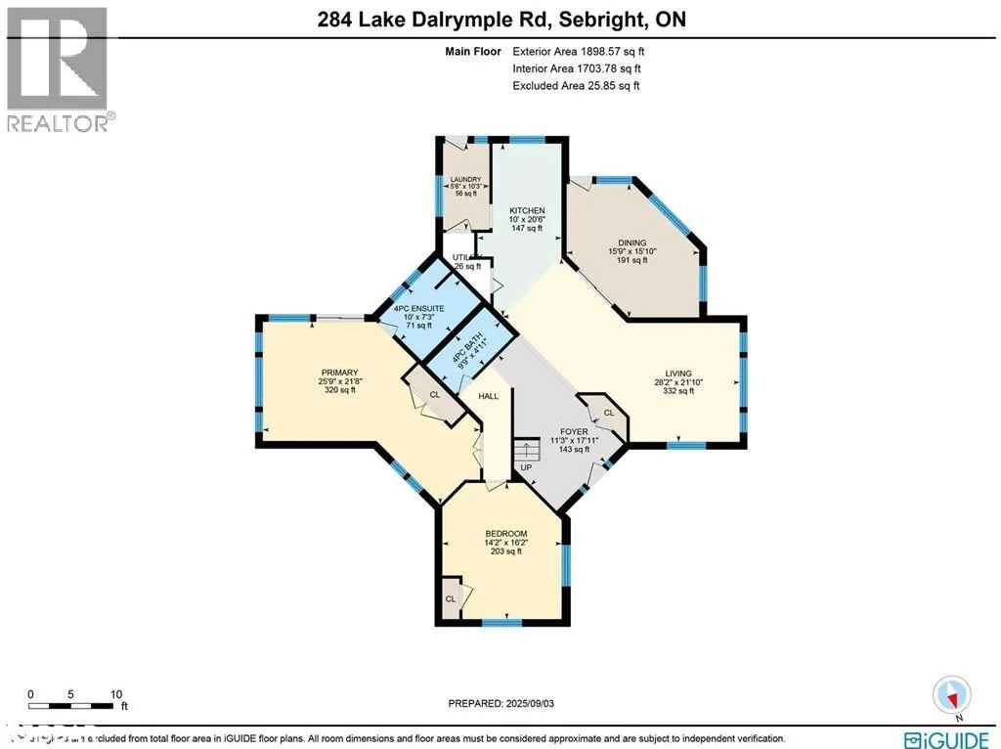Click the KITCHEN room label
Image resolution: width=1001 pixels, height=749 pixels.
pos(527,210)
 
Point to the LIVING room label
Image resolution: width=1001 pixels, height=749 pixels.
pos(678,374)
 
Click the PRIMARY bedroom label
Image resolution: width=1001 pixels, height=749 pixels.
pos(339,373)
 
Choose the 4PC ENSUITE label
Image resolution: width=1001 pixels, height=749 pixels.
pos(419,309)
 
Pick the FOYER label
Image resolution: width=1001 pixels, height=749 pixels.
pos(573,431)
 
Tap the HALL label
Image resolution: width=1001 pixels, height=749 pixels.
pos(489,396)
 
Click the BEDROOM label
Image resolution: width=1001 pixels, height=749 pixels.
pos(506,533)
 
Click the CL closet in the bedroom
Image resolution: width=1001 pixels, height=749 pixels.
pos(451,598)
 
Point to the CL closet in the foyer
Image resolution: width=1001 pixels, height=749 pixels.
pos(608,413)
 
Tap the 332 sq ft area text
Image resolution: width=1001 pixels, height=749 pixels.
pos(678,391)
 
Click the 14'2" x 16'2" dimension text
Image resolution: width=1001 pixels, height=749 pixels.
pos(506,542)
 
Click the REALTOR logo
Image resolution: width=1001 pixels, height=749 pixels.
pos(58,69)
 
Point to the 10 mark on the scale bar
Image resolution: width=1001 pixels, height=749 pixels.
pos(115,691)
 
